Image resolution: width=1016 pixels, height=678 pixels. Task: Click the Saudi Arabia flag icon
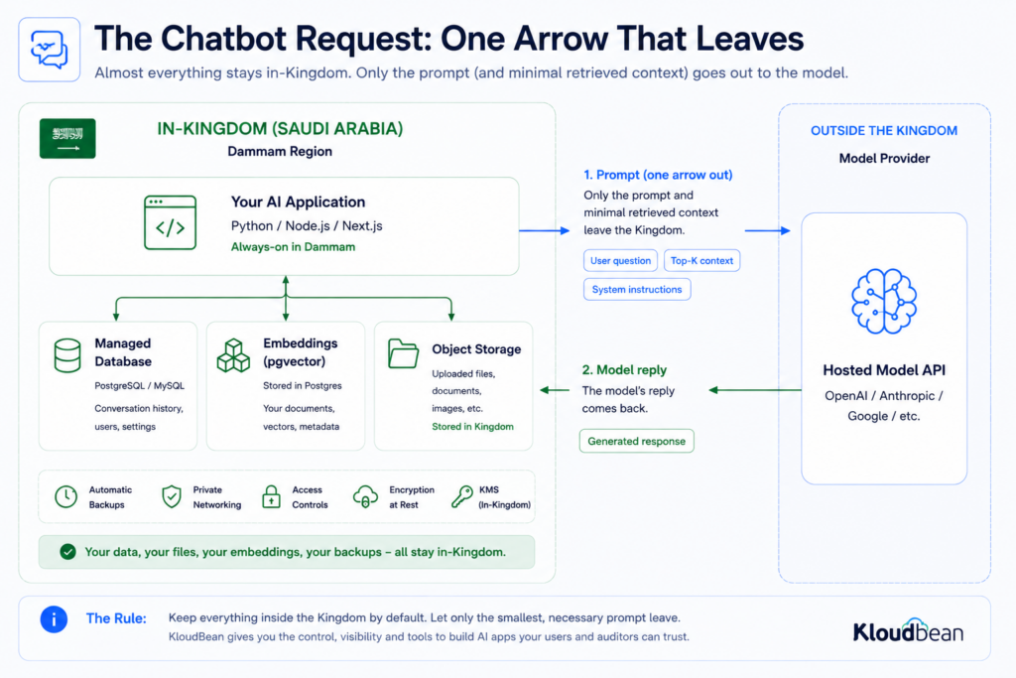[67, 138]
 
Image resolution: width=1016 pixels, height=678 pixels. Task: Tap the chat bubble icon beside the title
[50, 50]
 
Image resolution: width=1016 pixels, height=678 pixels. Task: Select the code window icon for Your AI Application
[170, 222]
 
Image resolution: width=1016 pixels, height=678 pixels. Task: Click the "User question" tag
[620, 260]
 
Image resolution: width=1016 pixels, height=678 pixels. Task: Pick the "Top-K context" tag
[701, 260]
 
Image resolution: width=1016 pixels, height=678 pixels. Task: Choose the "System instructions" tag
[637, 289]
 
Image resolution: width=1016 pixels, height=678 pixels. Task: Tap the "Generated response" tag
[636, 441]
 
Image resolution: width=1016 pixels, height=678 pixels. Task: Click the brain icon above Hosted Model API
[884, 302]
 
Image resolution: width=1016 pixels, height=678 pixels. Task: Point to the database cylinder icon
[67, 355]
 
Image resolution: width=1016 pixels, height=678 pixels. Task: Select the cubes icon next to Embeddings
[233, 355]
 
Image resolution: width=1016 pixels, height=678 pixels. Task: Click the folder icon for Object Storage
[403, 354]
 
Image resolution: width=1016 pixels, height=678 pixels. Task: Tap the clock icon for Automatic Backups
[66, 496]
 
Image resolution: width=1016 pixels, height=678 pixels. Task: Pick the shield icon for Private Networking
[172, 496]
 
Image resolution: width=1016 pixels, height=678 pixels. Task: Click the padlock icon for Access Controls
[271, 496]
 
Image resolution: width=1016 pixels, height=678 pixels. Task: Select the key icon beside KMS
[462, 496]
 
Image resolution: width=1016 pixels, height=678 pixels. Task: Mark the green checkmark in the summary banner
[67, 552]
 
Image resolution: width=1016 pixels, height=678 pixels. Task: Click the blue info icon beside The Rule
[54, 619]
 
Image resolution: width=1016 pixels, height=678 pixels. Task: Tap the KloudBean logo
[908, 630]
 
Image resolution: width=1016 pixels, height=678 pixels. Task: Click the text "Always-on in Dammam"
[293, 247]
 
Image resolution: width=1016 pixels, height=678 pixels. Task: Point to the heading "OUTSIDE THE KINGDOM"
[884, 130]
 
